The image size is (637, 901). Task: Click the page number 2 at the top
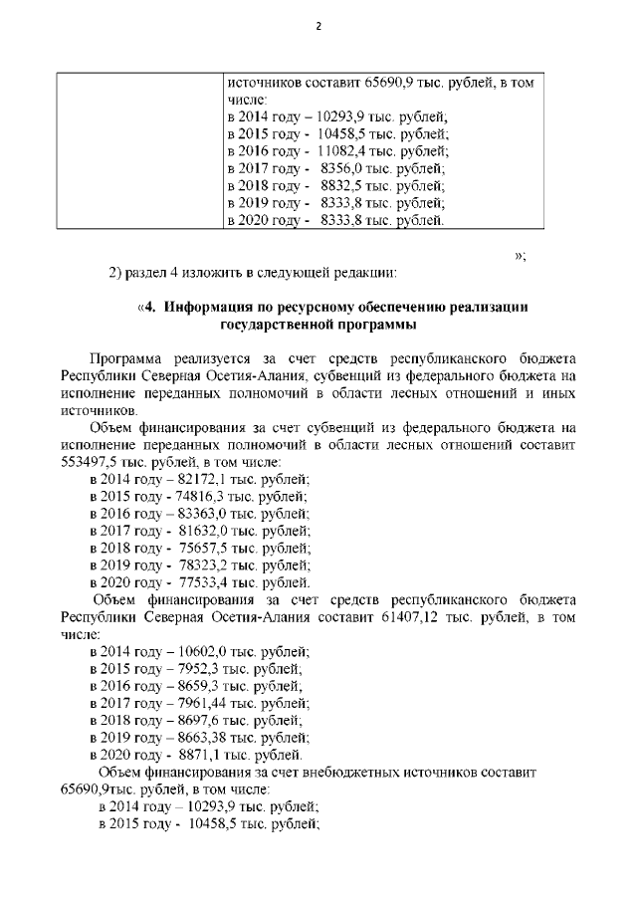(x=318, y=26)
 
